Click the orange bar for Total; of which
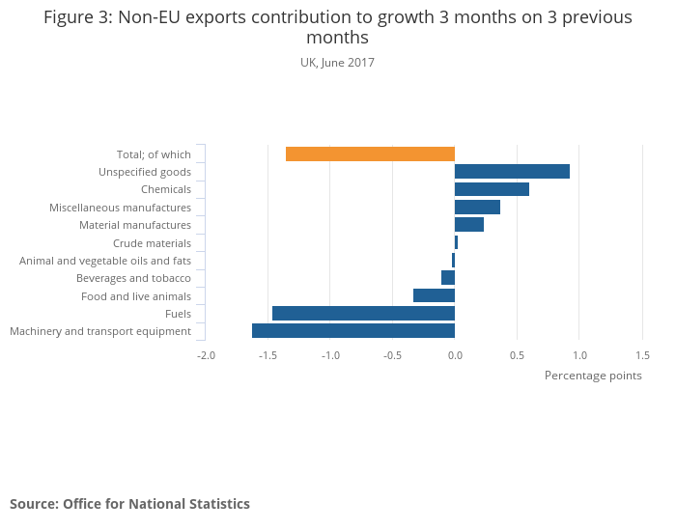[x=370, y=154]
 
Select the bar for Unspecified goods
[x=512, y=172]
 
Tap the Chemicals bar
[x=492, y=189]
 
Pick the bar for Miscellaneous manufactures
[x=477, y=208]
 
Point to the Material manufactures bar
[x=469, y=225]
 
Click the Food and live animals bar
[x=434, y=295]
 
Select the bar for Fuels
[x=363, y=314]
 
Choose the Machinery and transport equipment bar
[x=353, y=331]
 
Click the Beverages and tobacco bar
[x=448, y=278]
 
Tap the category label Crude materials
[x=152, y=243]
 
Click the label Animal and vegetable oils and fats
[x=105, y=261]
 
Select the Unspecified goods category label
[x=145, y=172]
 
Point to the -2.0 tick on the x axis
[x=206, y=355]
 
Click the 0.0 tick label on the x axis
[x=455, y=355]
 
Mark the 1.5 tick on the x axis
[x=642, y=355]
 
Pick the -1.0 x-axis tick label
[x=330, y=355]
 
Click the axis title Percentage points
[x=593, y=376]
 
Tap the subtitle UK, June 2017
[x=337, y=63]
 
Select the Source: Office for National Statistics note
[x=129, y=504]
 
